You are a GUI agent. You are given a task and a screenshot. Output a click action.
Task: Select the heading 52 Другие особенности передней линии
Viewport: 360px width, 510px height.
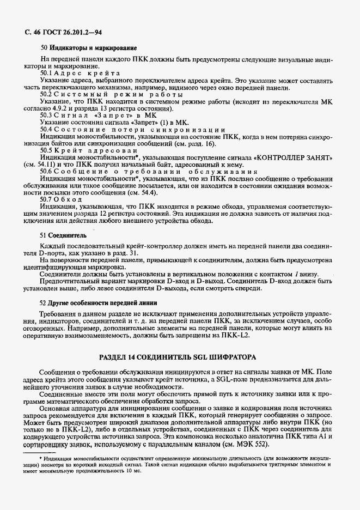click(102, 302)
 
